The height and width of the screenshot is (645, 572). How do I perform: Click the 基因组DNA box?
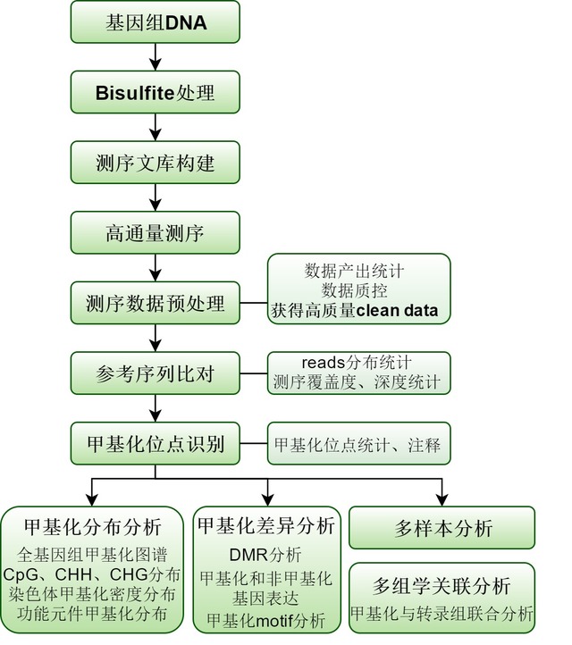point(156,23)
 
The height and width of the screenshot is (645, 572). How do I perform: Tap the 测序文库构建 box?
point(156,163)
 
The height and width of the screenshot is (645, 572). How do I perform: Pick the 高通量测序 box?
point(156,234)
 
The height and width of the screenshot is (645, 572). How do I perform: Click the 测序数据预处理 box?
point(156,304)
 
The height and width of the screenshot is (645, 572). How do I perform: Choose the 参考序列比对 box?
point(156,373)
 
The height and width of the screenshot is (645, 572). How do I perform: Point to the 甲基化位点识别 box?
point(156,443)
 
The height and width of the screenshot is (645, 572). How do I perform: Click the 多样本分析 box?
point(442,528)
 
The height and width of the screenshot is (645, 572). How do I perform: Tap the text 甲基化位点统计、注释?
point(357,443)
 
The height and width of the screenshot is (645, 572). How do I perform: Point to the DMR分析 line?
point(265,555)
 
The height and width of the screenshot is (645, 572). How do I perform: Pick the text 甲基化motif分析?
point(265,618)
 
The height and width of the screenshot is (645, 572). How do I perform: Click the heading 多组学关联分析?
point(442,586)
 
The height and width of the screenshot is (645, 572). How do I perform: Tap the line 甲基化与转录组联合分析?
point(442,613)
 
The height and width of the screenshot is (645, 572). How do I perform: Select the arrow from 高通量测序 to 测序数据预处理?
point(156,268)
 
